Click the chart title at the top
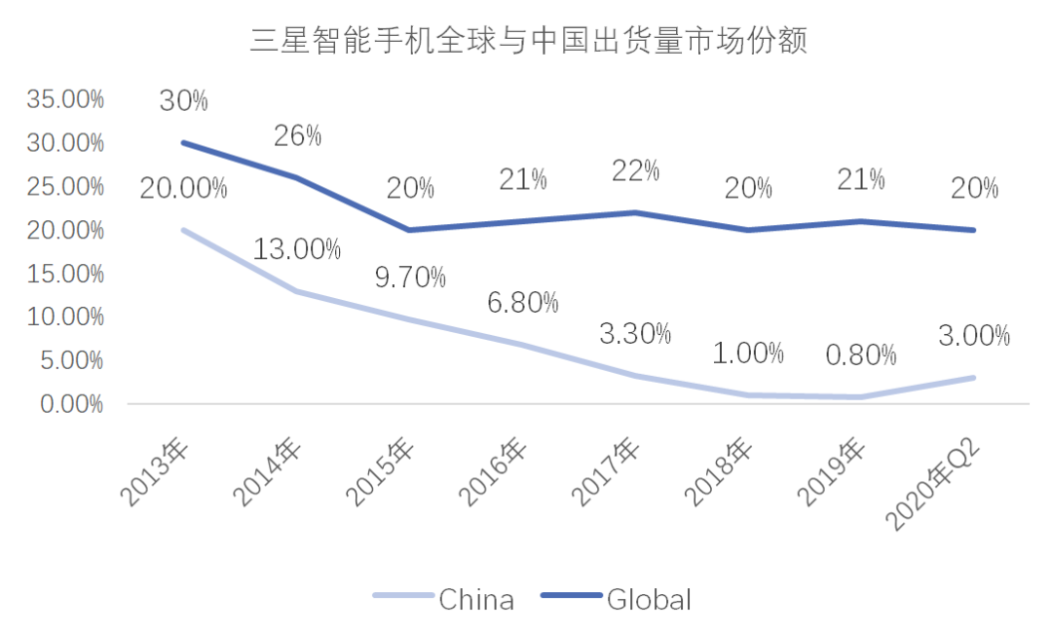coord(529,42)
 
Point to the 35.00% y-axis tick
coord(66,99)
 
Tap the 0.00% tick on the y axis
coord(70,403)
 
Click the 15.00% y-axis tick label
coord(66,274)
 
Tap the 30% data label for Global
coord(183,100)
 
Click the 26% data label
coord(297,135)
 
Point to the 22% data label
coord(635,170)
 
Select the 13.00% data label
coord(297,249)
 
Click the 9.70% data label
coord(410,278)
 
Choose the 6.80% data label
coord(523,303)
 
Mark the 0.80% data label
coord(861,355)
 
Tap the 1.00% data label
coord(748,354)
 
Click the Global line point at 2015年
coord(409,230)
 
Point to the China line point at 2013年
coord(183,230)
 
